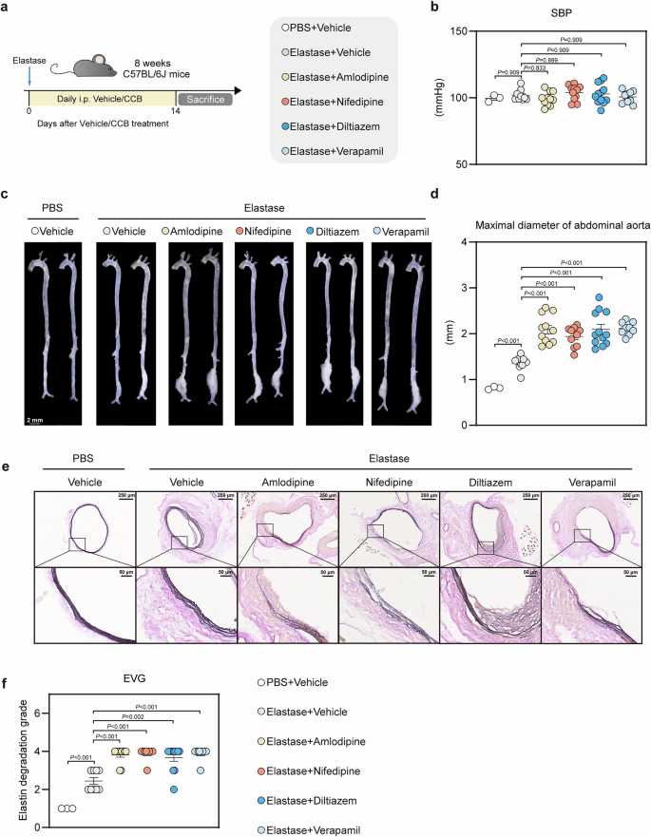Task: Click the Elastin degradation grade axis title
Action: tap(13, 756)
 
